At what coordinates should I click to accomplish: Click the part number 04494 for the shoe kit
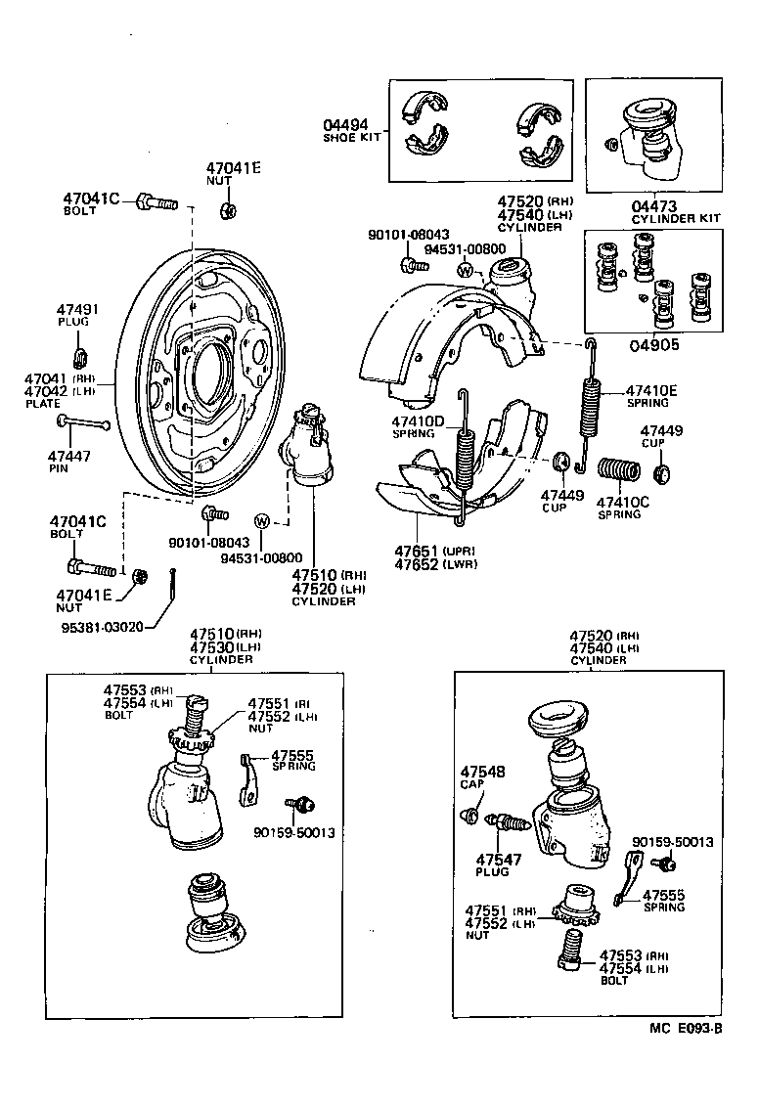pos(346,124)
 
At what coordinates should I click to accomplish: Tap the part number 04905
pos(654,344)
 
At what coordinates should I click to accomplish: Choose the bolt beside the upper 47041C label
pos(157,201)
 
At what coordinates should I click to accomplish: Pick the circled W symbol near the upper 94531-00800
pos(466,270)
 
